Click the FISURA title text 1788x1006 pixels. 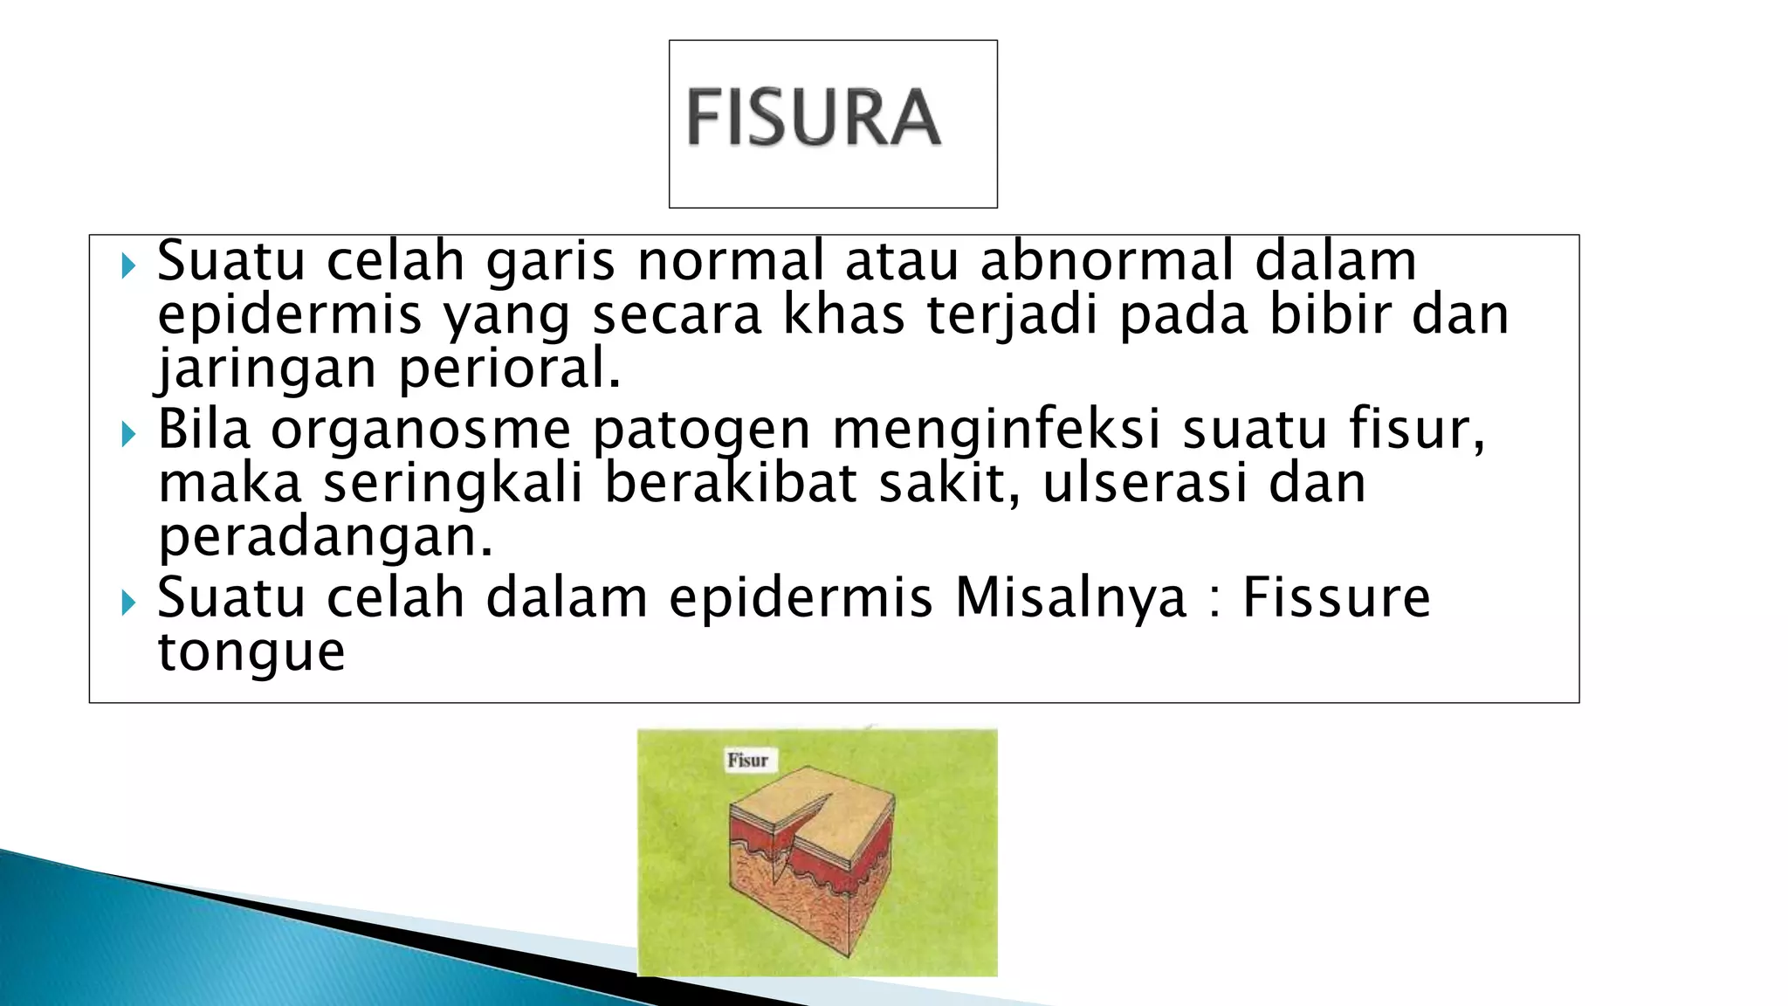pos(814,118)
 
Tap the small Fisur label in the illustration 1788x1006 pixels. pos(747,760)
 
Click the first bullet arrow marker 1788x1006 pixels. pos(129,265)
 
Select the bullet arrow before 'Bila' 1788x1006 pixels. pos(129,434)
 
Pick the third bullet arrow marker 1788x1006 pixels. pos(129,602)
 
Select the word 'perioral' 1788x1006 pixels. pos(510,369)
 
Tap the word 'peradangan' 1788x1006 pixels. pos(325,538)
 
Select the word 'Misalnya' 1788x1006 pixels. pos(1070,598)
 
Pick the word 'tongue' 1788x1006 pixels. pos(251,651)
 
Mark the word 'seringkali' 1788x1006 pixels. pos(453,484)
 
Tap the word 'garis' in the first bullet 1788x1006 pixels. pos(551,262)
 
